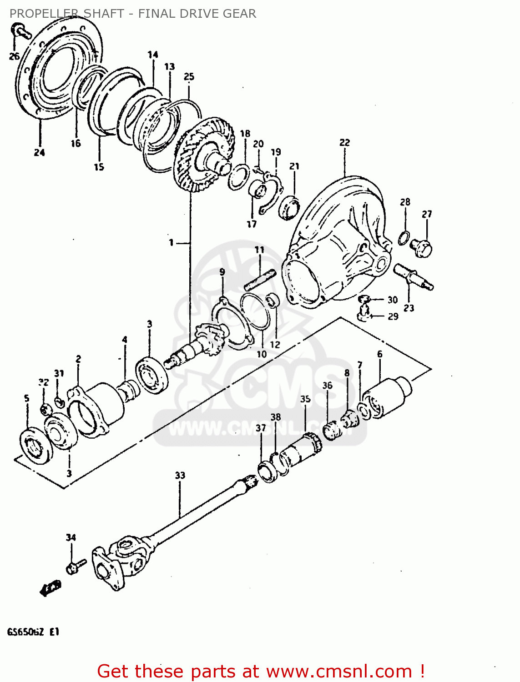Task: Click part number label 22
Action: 344,143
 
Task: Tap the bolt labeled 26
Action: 20,32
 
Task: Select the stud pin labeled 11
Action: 260,280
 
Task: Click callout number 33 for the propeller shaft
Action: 180,476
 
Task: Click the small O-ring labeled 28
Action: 404,237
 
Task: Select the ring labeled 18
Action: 238,177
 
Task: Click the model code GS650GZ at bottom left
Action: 25,632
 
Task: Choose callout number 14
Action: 153,55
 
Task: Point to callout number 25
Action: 189,76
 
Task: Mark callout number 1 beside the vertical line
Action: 171,243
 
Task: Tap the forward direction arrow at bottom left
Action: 50,587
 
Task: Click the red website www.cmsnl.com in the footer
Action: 339,671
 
